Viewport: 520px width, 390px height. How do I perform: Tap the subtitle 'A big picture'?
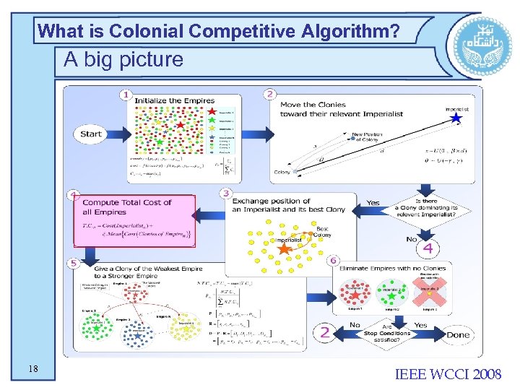coord(123,59)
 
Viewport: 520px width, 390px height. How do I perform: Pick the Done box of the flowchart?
coord(457,334)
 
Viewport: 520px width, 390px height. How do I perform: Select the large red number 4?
coord(428,249)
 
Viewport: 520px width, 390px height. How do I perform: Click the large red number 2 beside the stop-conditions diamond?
coord(325,332)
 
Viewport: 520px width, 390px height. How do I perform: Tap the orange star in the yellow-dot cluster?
coord(285,249)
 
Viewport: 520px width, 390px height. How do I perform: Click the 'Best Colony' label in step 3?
coord(322,232)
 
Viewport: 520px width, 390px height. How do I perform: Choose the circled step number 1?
coord(127,94)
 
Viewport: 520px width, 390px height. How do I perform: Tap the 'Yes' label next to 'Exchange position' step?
coord(373,203)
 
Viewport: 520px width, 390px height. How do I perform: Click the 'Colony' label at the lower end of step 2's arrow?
coord(282,173)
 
